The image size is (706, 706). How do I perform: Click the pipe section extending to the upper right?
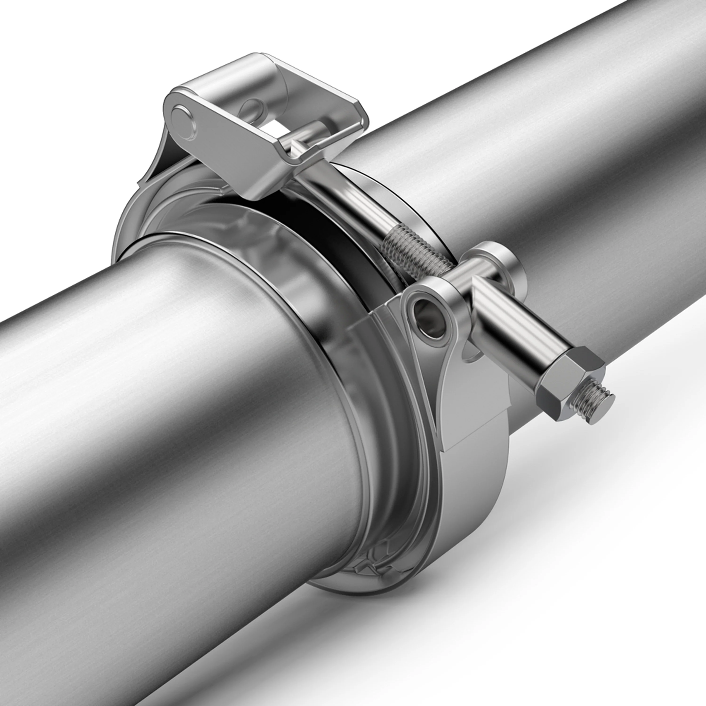click(548, 146)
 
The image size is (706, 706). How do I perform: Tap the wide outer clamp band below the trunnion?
click(475, 493)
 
